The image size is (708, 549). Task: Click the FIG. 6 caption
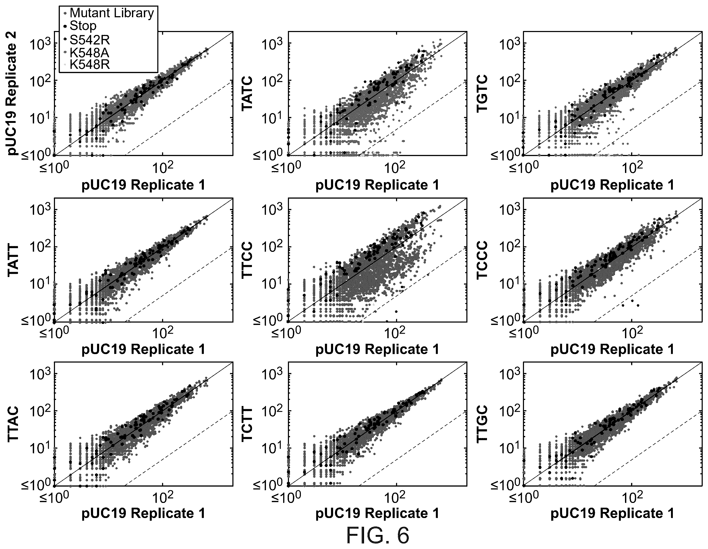378,535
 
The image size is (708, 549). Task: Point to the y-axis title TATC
248,93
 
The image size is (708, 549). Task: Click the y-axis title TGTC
482,93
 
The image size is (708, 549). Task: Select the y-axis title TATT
13,260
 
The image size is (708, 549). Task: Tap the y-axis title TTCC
248,260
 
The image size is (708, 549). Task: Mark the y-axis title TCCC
482,260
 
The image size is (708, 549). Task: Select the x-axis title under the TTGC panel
612,513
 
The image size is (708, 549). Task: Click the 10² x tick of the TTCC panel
396,332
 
